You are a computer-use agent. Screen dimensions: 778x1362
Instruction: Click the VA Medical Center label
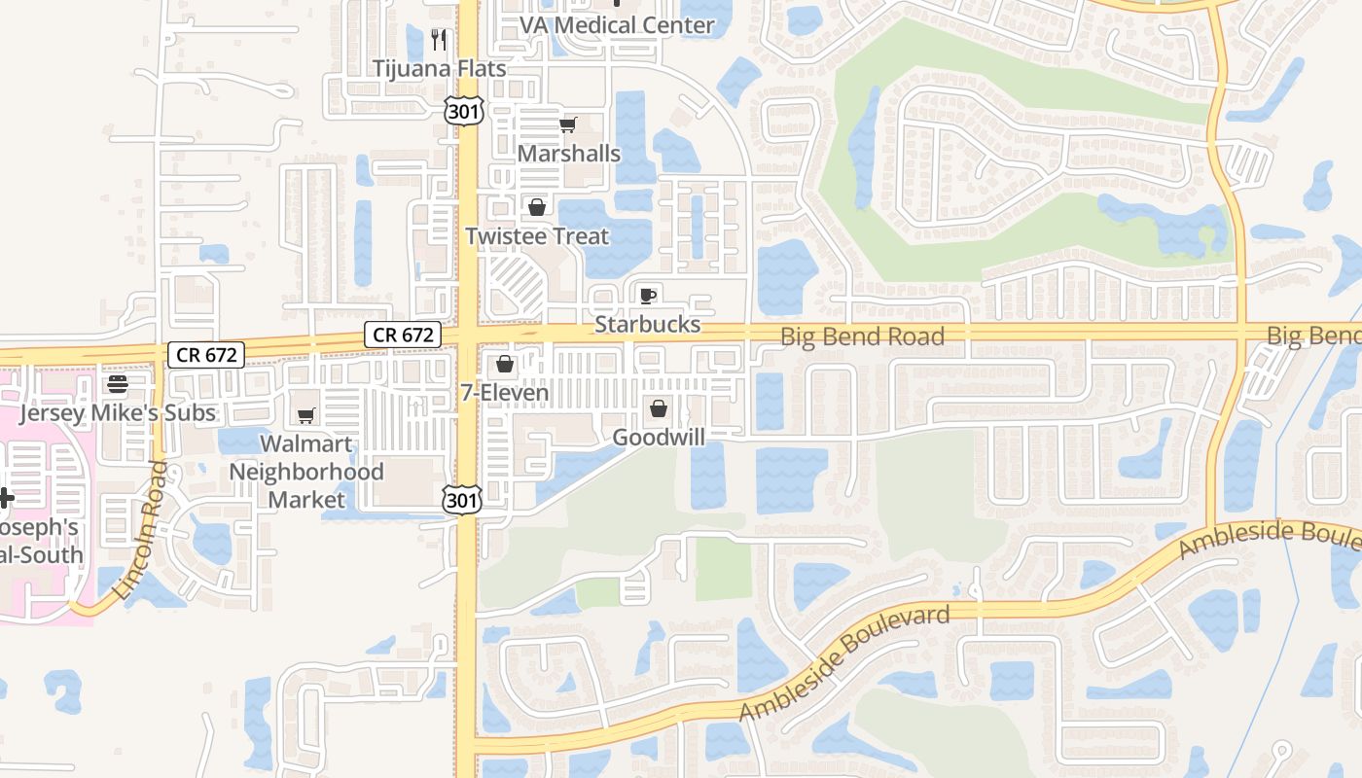(x=617, y=25)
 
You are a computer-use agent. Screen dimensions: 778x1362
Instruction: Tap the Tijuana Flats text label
(x=440, y=69)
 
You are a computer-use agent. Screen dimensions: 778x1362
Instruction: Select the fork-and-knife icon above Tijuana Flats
(x=439, y=39)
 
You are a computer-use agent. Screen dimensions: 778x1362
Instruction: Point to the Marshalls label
(x=569, y=154)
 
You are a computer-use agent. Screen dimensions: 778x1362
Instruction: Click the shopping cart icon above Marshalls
(x=568, y=124)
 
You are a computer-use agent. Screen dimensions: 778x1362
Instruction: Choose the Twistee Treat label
(x=537, y=236)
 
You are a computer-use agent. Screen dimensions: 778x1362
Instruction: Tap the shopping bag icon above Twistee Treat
(x=536, y=207)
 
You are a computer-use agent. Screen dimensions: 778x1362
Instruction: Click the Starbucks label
(x=648, y=324)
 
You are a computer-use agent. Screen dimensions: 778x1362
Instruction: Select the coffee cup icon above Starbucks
(x=648, y=296)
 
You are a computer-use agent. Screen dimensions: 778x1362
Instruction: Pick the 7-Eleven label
(x=505, y=393)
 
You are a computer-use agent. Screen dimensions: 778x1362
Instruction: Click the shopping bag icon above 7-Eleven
(x=504, y=365)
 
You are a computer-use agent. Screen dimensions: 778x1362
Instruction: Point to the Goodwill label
(x=659, y=438)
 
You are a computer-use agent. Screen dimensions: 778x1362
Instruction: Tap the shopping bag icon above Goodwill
(x=659, y=408)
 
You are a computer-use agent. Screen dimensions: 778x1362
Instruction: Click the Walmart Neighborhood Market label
(x=306, y=472)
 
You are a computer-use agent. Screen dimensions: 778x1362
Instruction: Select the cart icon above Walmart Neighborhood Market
(x=306, y=416)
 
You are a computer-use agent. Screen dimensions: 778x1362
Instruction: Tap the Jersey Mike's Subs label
(x=118, y=413)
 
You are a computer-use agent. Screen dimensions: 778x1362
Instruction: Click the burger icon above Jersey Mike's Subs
(x=118, y=384)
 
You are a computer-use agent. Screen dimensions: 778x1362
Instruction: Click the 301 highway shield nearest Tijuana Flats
(x=464, y=111)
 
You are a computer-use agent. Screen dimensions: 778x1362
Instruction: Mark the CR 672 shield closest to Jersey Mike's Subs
(x=207, y=355)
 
